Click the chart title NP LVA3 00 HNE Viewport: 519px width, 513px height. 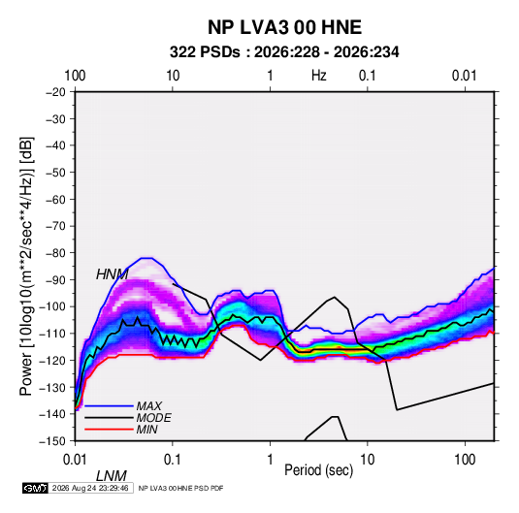(284, 27)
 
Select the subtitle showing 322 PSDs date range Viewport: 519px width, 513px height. (284, 52)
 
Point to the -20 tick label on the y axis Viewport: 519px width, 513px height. (55, 92)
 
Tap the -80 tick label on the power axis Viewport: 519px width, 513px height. (55, 253)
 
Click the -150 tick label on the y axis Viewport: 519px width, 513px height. (53, 441)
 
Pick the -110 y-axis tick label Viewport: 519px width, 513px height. (53, 334)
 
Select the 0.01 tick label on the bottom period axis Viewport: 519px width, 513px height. (75, 460)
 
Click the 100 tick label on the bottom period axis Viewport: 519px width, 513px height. (465, 460)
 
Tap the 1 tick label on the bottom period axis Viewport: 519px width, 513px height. (270, 460)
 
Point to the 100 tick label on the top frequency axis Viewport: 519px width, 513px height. (75, 76)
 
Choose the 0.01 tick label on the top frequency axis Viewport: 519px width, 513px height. (465, 76)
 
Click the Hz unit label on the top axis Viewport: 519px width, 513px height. (319, 76)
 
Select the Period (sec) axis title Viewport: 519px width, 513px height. (319, 470)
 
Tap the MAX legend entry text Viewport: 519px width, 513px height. (149, 405)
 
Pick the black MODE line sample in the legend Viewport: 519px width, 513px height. (109, 418)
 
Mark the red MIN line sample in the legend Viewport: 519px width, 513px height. (109, 430)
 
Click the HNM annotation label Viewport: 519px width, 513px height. (112, 274)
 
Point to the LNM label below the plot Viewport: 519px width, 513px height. (112, 476)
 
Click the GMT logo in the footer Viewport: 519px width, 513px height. (36, 488)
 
